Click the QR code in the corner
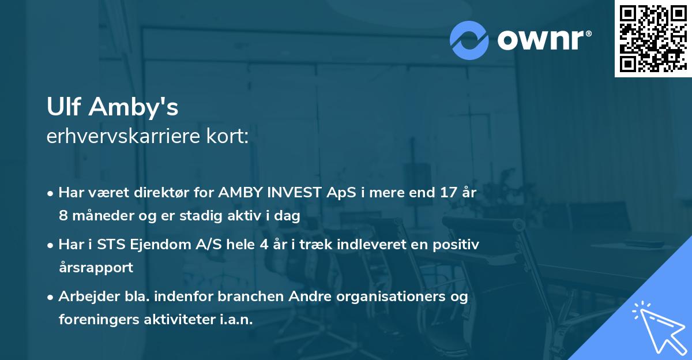click(x=652, y=38)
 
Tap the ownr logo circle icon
click(x=469, y=40)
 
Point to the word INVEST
click(x=292, y=193)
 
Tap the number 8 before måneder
click(x=63, y=216)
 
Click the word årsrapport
click(x=96, y=268)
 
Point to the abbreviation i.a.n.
click(x=235, y=320)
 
